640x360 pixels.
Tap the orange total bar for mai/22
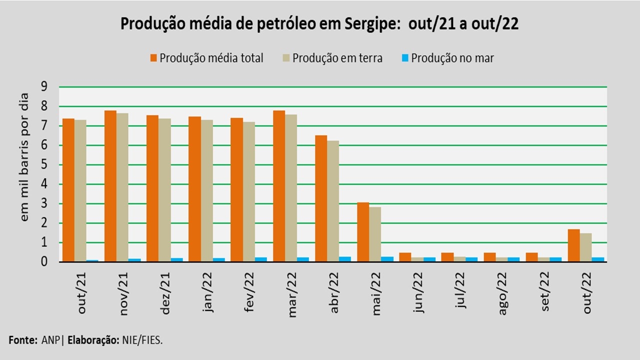pos(363,232)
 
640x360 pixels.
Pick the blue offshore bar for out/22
pos(598,259)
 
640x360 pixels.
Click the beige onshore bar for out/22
pos(586,247)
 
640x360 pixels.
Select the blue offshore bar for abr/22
pos(345,259)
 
